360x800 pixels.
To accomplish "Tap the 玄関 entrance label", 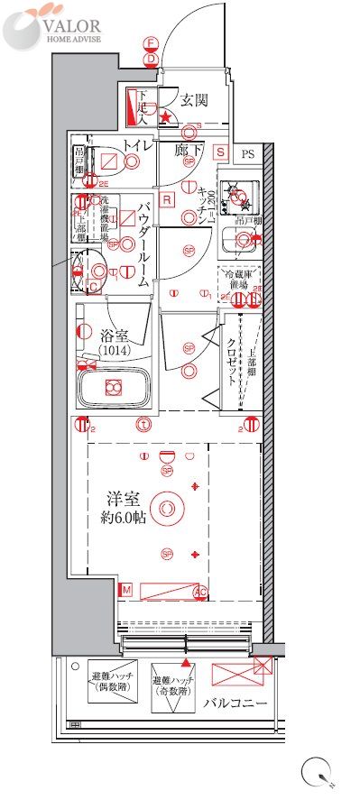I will coord(193,100).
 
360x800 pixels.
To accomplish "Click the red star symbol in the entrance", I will coord(165,116).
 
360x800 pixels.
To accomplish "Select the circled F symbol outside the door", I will coord(151,42).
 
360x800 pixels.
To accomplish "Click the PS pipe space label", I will coord(248,154).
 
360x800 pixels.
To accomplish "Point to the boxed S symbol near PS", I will coord(219,152).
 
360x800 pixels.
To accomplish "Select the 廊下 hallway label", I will coord(187,148).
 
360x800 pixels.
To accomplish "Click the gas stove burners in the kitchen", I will coord(240,192).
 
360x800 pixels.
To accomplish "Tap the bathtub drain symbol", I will coord(113,388).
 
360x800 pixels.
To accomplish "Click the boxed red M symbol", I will coord(126,589).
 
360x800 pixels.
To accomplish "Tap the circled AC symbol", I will coord(200,592).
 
